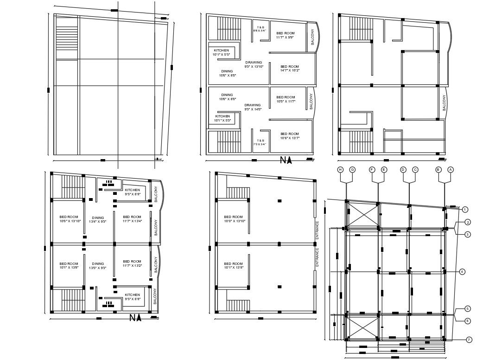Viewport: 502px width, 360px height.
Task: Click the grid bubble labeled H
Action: (x=340, y=170)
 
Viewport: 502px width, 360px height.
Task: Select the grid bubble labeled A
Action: (x=450, y=170)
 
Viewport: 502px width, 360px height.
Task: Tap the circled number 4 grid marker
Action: (x=462, y=271)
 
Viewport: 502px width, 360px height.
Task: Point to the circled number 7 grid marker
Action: (x=469, y=340)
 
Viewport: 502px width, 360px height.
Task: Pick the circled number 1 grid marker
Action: (x=465, y=210)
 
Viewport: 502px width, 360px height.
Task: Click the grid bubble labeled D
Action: (x=403, y=170)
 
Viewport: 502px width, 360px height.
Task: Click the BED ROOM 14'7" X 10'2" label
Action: (x=290, y=68)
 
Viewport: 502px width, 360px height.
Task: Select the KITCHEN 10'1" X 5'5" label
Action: (x=221, y=52)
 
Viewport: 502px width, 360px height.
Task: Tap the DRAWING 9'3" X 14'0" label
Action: (x=253, y=107)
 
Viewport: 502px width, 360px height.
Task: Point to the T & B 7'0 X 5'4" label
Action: (x=261, y=142)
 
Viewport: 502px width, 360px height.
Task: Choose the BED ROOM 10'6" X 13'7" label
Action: (x=290, y=136)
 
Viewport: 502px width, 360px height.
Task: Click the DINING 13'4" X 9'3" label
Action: (x=98, y=219)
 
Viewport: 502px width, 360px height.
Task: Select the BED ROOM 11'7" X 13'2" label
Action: (x=132, y=264)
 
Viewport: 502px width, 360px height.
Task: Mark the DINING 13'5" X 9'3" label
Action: (x=98, y=266)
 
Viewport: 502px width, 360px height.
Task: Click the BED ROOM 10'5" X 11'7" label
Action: (x=286, y=99)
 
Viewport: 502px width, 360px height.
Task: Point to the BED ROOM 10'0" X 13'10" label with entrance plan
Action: (x=233, y=219)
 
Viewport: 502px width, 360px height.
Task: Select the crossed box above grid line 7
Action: (x=362, y=326)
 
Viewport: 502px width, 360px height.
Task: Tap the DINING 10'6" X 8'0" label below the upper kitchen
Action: (x=227, y=73)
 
